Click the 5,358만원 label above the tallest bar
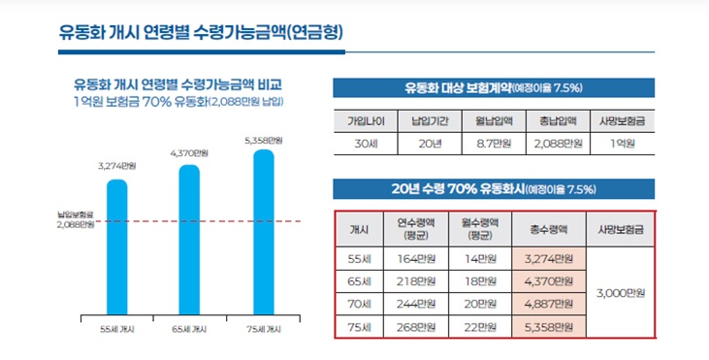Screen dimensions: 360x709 [x=263, y=141]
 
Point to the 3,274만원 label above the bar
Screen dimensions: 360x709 [x=116, y=167]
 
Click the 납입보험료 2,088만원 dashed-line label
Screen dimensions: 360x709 [x=75, y=219]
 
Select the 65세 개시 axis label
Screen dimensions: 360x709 [x=188, y=329]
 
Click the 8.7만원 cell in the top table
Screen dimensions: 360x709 [x=495, y=143]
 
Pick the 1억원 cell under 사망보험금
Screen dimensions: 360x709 [x=624, y=143]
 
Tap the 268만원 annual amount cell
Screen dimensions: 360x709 [x=418, y=327]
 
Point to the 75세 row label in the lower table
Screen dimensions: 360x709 [x=359, y=327]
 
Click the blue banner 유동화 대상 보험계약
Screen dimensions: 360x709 [x=494, y=87]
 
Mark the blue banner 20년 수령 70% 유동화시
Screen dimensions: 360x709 [x=494, y=188]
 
